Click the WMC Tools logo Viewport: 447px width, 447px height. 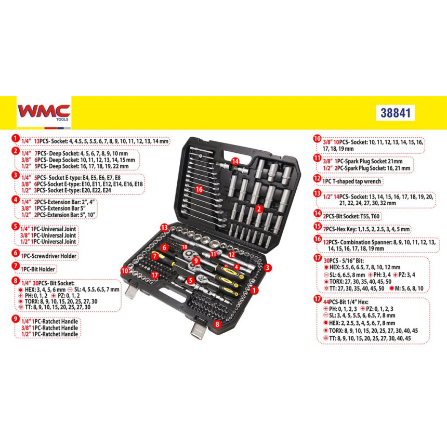click(x=44, y=113)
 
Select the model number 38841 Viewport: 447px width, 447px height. click(x=396, y=113)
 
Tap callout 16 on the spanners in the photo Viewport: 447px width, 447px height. click(x=199, y=189)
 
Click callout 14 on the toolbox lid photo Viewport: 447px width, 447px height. click(x=235, y=161)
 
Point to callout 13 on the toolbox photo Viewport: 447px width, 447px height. click(x=164, y=228)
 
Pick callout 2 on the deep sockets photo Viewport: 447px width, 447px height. click(x=259, y=209)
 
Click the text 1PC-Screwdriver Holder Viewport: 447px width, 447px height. click(x=49, y=256)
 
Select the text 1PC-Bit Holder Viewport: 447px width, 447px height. click(x=38, y=269)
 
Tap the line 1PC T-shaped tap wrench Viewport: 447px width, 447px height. click(x=351, y=181)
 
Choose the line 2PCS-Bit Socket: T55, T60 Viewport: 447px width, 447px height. click(x=351, y=216)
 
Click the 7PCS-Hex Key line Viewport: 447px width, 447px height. click(x=366, y=229)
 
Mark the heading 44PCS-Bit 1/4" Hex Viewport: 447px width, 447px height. click(x=346, y=302)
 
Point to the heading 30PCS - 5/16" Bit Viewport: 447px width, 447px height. click(x=344, y=260)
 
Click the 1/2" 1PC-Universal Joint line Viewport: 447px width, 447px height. click(x=48, y=242)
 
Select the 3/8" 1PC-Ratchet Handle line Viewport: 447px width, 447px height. click(x=49, y=328)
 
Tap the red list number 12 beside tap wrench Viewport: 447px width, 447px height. click(x=317, y=179)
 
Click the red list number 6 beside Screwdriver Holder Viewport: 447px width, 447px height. click(x=16, y=253)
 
